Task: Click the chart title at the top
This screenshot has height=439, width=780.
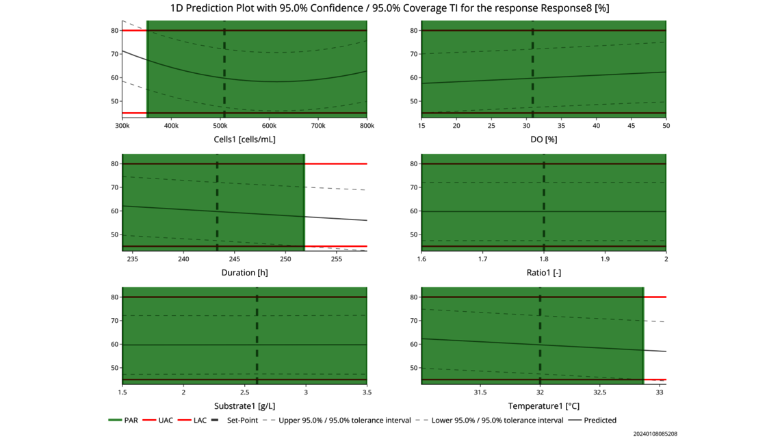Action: point(389,8)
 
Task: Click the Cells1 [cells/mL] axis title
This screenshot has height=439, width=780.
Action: point(244,139)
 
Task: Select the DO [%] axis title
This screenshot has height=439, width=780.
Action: point(543,139)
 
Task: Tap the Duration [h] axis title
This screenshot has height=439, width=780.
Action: point(244,273)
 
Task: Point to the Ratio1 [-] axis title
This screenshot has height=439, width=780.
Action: point(543,273)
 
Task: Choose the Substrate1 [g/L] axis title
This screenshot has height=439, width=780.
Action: point(244,406)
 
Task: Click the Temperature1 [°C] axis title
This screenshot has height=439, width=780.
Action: point(543,406)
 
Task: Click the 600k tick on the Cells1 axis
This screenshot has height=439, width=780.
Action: point(416,126)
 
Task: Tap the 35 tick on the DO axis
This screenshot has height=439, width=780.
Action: point(561,126)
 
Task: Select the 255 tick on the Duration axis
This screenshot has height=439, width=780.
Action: point(337,259)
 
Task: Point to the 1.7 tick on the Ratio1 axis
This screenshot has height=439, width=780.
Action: point(482,259)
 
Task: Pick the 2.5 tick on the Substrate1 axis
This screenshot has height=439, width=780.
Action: point(244,393)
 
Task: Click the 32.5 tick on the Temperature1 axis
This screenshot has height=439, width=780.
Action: point(599,393)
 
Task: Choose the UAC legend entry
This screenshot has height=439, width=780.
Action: point(166,421)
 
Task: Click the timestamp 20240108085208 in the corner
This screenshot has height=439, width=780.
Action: point(655,434)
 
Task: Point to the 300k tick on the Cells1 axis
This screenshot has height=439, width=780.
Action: point(122,126)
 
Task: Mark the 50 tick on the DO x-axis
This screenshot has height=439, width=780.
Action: point(666,126)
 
